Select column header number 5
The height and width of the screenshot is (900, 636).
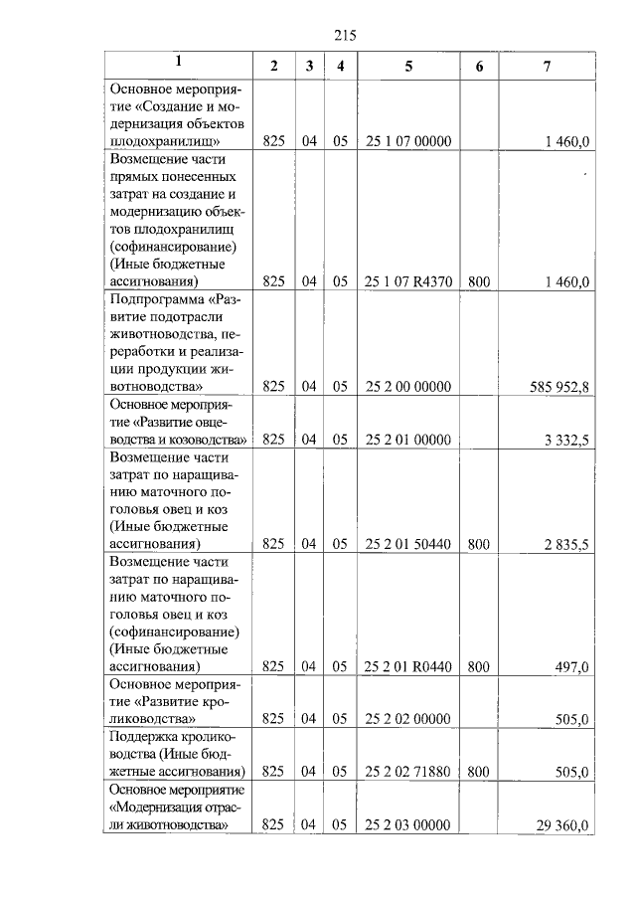(x=408, y=66)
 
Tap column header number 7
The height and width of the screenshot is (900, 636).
(x=547, y=66)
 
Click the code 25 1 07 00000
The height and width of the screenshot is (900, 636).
(x=408, y=142)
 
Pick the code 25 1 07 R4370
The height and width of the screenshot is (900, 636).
(x=408, y=282)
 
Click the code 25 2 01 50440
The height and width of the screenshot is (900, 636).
(x=408, y=545)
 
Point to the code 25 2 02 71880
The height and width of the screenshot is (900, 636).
(x=408, y=772)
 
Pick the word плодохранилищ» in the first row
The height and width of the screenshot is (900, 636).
(x=166, y=142)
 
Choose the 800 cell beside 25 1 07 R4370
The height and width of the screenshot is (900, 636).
(x=479, y=282)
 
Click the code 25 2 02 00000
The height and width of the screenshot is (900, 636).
(x=408, y=719)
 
